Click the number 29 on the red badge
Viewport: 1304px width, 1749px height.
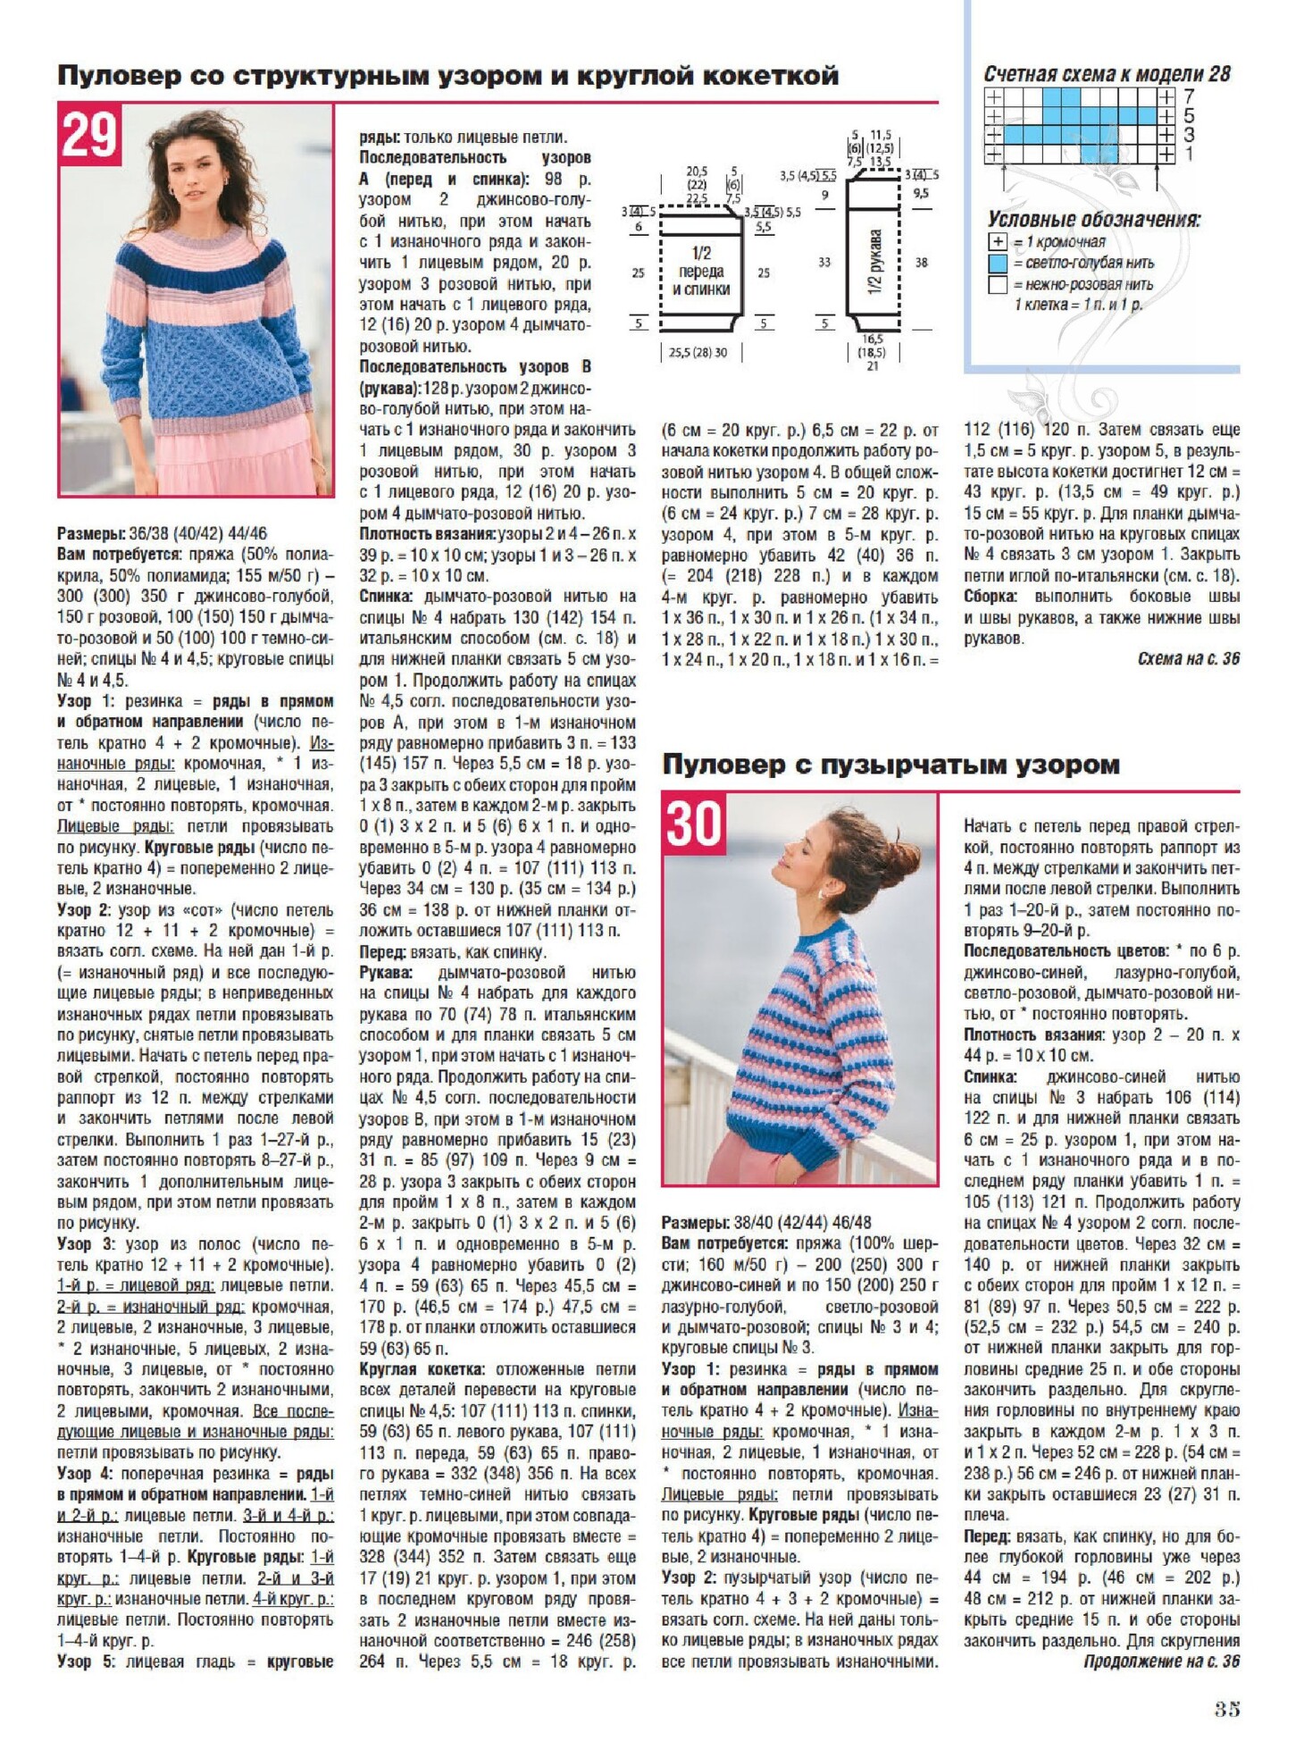coord(89,136)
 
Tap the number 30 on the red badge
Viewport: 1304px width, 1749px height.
coord(693,823)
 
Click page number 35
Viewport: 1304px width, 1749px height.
coord(1226,1709)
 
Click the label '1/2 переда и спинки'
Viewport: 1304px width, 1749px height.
coord(701,271)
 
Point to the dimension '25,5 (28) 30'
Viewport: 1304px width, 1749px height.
coord(698,352)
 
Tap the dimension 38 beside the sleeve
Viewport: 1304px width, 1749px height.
coord(921,263)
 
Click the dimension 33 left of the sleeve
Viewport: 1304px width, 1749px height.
coord(823,263)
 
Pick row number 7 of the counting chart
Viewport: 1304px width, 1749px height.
coord(1189,96)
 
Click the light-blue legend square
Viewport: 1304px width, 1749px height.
coord(998,264)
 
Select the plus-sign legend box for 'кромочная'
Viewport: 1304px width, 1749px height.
coord(998,242)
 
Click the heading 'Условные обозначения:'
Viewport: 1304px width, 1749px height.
coord(1093,220)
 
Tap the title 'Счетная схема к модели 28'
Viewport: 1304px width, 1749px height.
coord(1107,74)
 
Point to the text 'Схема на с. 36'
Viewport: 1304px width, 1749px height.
coord(1188,658)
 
